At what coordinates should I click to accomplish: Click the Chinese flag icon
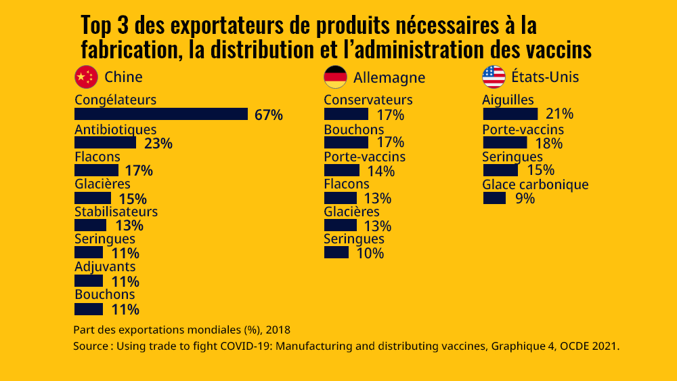pos(86,77)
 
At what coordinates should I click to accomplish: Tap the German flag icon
pos(336,77)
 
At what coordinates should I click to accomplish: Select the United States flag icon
pos(494,77)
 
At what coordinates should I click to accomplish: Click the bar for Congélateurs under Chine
pos(161,114)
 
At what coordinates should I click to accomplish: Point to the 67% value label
pos(268,115)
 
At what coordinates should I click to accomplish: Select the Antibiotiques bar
pos(105,142)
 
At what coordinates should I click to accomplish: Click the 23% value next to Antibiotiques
pos(158,143)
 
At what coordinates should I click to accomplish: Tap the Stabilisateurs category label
pos(116,212)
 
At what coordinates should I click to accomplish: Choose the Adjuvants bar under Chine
pos(89,281)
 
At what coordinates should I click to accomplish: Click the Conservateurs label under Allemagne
pos(368,100)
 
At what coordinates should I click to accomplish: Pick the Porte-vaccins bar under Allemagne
pos(342,170)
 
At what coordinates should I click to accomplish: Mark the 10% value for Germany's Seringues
pos(370,254)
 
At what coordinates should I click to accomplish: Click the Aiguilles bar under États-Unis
pos(510,114)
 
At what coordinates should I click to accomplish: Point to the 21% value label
pos(559,114)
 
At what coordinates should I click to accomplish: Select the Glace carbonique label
pos(535,184)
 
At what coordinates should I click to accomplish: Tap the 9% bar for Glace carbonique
pos(494,198)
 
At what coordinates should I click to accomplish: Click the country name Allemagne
pos(389,77)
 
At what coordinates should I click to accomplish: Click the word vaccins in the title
pos(557,49)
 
